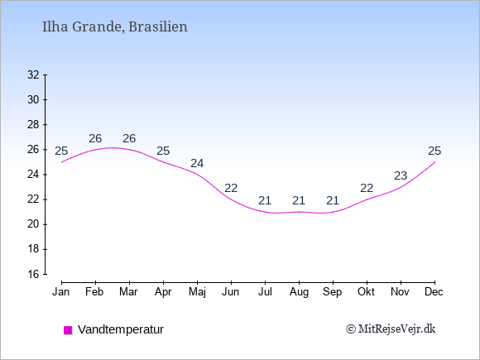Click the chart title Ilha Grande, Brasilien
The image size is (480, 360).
coord(115,27)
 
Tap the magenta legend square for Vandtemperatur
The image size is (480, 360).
coord(68,330)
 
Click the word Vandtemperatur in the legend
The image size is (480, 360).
coord(121,329)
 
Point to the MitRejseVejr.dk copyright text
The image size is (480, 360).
coord(391,329)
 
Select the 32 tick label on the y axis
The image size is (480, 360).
coord(33,74)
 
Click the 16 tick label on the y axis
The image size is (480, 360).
coord(33,274)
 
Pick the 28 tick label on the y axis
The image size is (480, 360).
coord(33,125)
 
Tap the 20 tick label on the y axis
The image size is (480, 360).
coord(33,224)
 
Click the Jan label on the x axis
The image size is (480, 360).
coord(61,292)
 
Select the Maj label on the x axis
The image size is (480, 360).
coord(197,292)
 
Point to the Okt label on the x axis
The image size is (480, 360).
coord(366,292)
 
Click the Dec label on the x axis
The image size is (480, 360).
coord(434,292)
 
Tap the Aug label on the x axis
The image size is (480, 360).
coord(299,293)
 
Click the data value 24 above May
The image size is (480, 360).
coord(197,164)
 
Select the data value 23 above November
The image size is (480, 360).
coord(401,176)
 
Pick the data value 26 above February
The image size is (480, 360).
coord(95,139)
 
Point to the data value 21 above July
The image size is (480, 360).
coord(265,201)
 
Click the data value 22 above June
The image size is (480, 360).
coord(231,188)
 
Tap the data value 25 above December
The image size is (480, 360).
coord(434,151)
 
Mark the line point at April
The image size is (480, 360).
coord(164,162)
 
